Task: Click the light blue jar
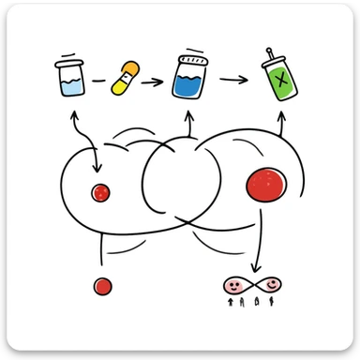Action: tap(70, 83)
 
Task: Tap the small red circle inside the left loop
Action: tap(98, 193)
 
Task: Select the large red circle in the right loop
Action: tap(267, 184)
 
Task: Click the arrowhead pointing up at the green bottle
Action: tap(281, 116)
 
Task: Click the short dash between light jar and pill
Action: tap(98, 82)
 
